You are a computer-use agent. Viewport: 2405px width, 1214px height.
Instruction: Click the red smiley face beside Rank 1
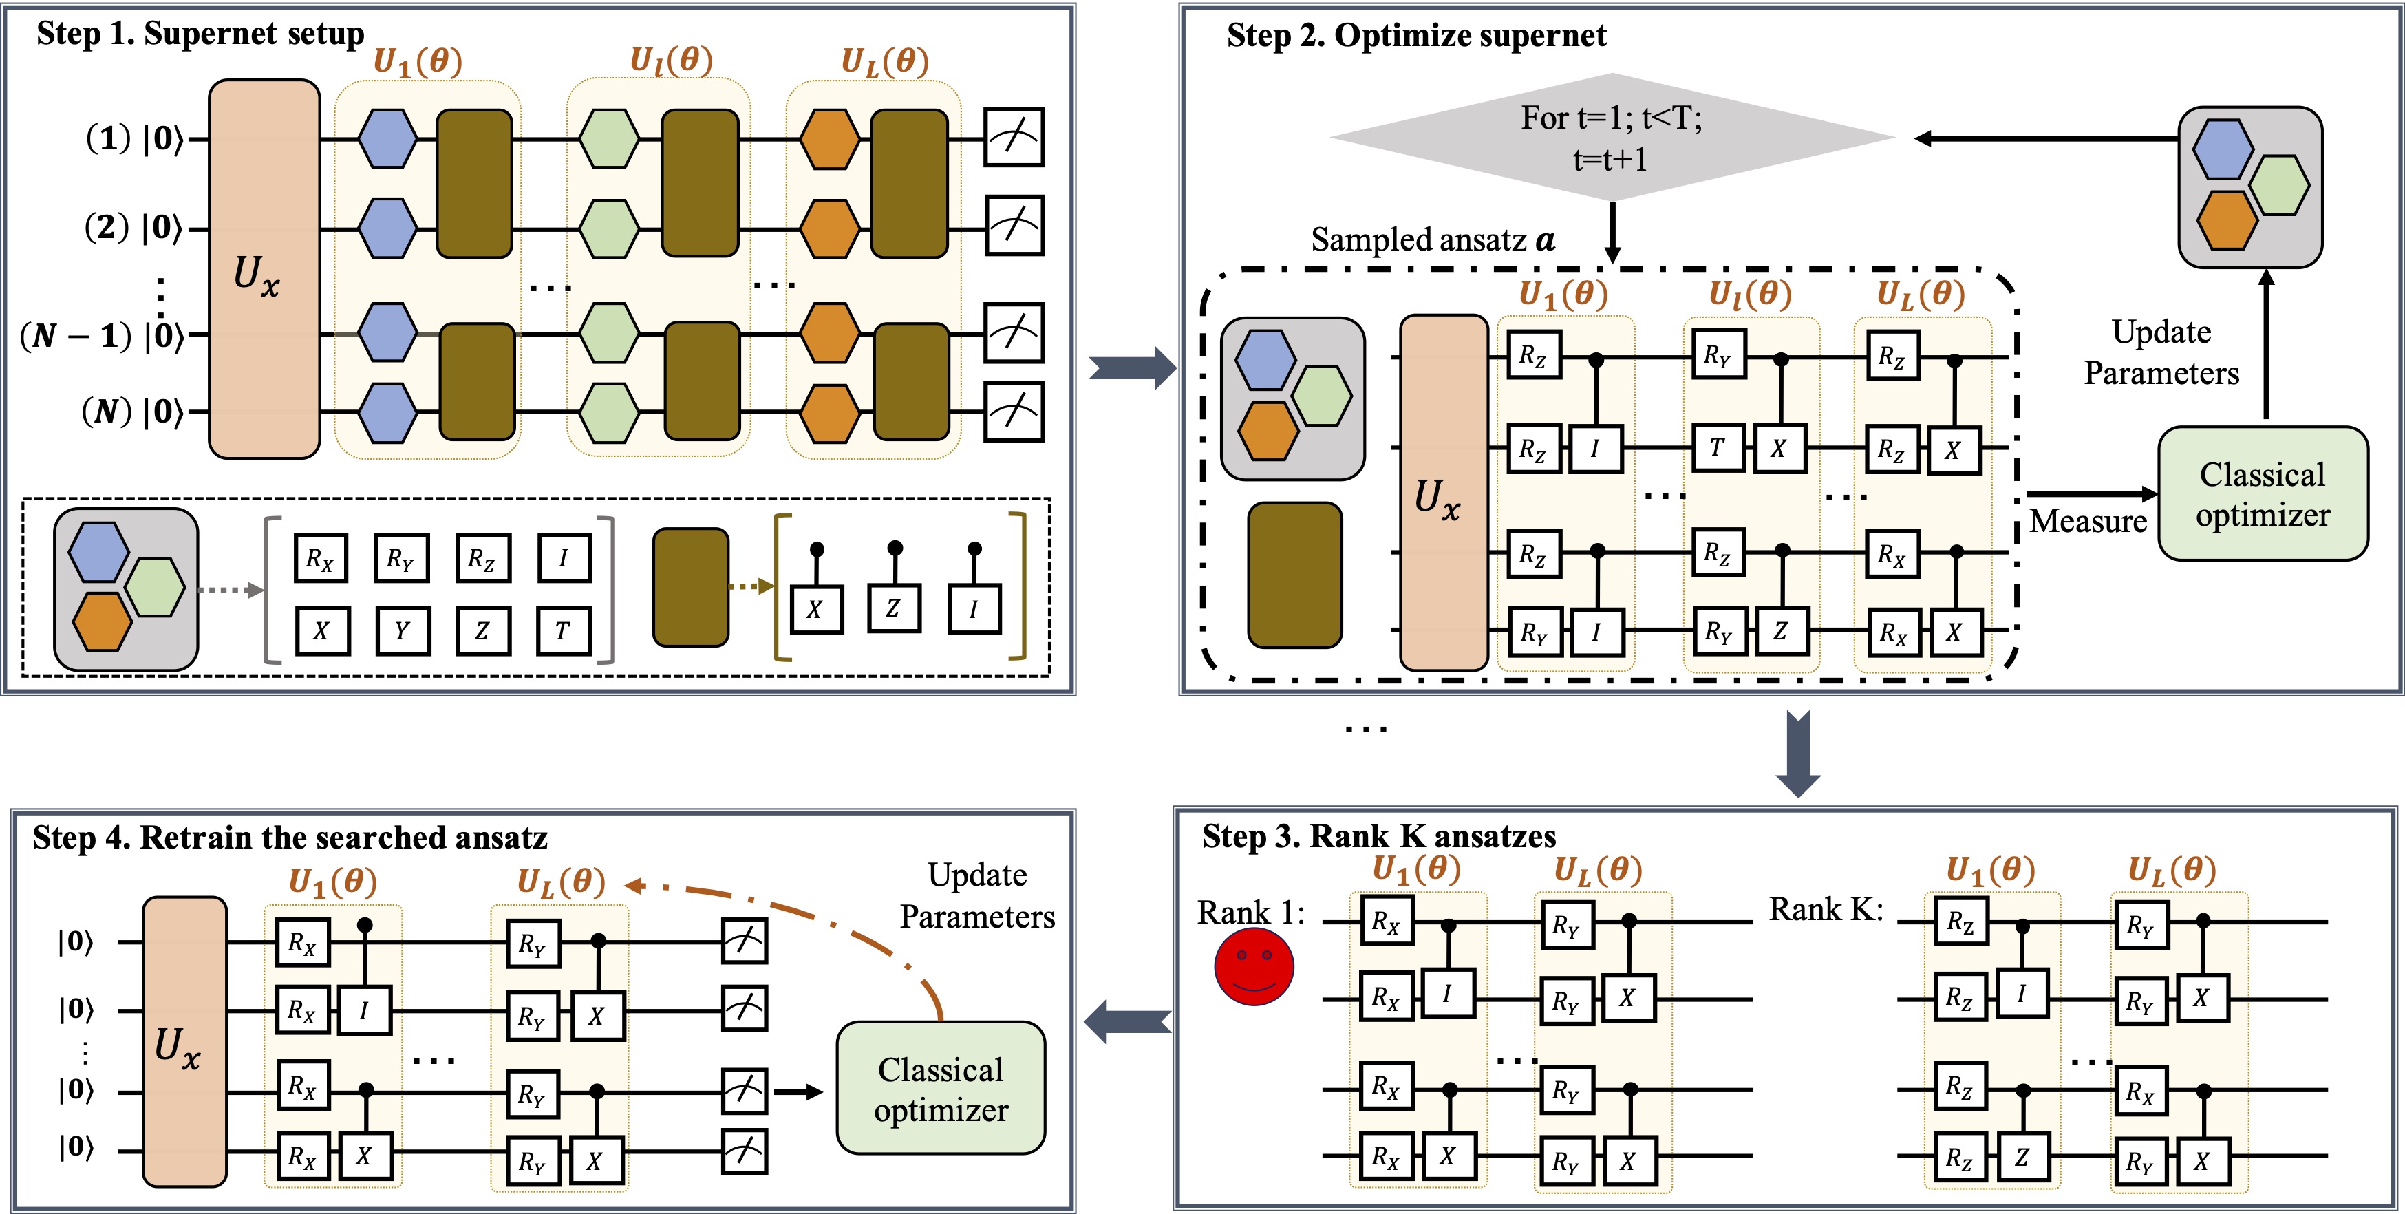point(1254,966)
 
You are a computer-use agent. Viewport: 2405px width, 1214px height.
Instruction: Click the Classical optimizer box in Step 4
point(940,1088)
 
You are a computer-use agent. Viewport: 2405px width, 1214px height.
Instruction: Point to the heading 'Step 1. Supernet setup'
point(200,34)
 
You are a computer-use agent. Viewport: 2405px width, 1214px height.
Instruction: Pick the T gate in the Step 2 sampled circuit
point(1718,448)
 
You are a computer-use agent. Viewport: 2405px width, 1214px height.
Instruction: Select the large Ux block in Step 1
point(264,269)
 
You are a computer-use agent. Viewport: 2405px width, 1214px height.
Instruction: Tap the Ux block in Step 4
point(184,1041)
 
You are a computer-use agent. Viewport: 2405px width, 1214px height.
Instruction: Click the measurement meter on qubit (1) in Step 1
point(1014,138)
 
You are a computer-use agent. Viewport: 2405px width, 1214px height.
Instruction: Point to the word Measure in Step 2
point(2088,521)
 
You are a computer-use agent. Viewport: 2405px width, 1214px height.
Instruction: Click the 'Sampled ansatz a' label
point(1432,240)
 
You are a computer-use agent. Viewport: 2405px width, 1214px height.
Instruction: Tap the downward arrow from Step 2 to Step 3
point(1797,753)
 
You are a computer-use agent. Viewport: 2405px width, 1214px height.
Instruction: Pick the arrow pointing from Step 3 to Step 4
point(1127,1021)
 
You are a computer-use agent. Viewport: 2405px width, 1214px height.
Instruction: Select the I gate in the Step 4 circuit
point(363,1010)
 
